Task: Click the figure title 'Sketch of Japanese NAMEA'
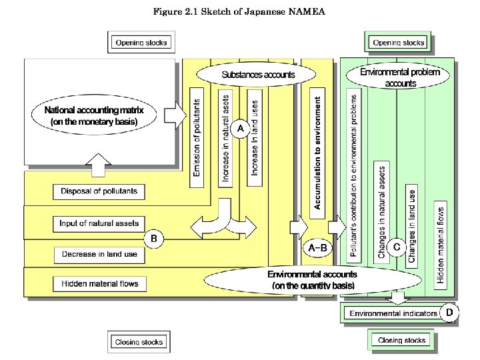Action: click(x=239, y=11)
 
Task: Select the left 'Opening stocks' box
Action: click(x=142, y=43)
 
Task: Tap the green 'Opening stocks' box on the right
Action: click(x=399, y=43)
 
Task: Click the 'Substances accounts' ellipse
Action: click(x=258, y=74)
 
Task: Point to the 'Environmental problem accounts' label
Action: click(x=400, y=77)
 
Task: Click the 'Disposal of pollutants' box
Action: click(x=99, y=191)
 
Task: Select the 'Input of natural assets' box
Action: click(x=99, y=223)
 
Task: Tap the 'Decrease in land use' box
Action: click(x=99, y=254)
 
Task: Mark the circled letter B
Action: click(x=153, y=237)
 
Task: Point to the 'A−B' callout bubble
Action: click(x=317, y=248)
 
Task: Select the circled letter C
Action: click(x=396, y=247)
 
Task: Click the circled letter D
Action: click(x=450, y=311)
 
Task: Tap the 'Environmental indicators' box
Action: click(x=393, y=313)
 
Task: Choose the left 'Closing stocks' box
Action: click(x=139, y=341)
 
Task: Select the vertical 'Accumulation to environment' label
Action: click(x=318, y=152)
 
